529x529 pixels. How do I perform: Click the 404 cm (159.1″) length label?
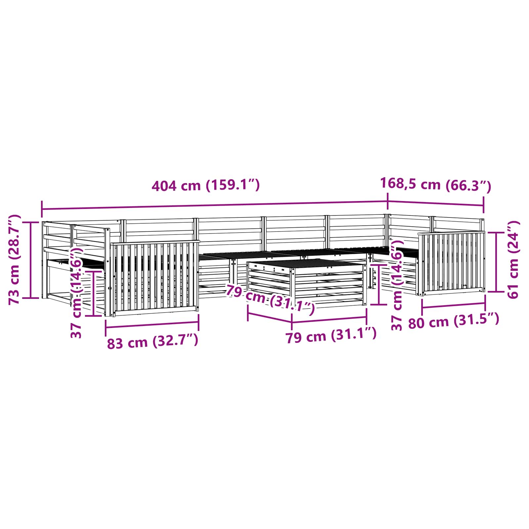point(206,185)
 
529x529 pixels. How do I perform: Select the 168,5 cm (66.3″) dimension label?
point(435,184)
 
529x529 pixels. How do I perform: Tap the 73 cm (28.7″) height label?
point(15,260)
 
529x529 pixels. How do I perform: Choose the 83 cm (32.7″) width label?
point(152,342)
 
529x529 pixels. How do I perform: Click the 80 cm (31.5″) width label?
point(453,321)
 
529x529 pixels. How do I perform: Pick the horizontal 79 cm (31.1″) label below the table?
point(331,336)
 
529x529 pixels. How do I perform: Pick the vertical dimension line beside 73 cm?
point(31,260)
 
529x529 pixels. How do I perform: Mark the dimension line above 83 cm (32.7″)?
point(152,324)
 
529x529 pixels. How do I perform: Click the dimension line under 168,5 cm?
point(435,203)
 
